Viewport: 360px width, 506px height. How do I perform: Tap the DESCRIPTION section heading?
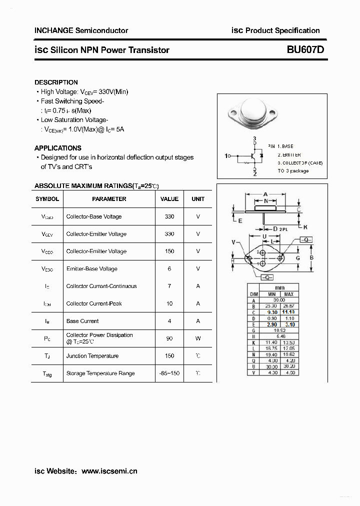[56, 82]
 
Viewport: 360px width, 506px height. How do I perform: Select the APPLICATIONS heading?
[57, 148]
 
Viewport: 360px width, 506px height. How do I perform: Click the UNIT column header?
[198, 199]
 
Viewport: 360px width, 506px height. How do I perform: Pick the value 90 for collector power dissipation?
[169, 338]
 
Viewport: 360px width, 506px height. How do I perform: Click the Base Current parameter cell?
[82, 321]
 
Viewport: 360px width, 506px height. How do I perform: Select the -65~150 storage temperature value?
[169, 373]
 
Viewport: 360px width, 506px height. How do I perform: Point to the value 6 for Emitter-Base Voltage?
[169, 268]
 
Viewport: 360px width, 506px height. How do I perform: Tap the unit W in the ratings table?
[198, 338]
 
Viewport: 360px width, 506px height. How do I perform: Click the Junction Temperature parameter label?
[92, 356]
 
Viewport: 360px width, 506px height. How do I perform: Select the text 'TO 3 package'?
[293, 171]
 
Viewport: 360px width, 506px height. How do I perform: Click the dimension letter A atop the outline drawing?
[265, 194]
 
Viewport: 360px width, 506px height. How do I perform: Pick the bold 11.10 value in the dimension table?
[288, 311]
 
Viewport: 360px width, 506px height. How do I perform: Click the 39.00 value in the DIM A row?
[279, 300]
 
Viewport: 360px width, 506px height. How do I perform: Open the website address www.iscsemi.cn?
[109, 471]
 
